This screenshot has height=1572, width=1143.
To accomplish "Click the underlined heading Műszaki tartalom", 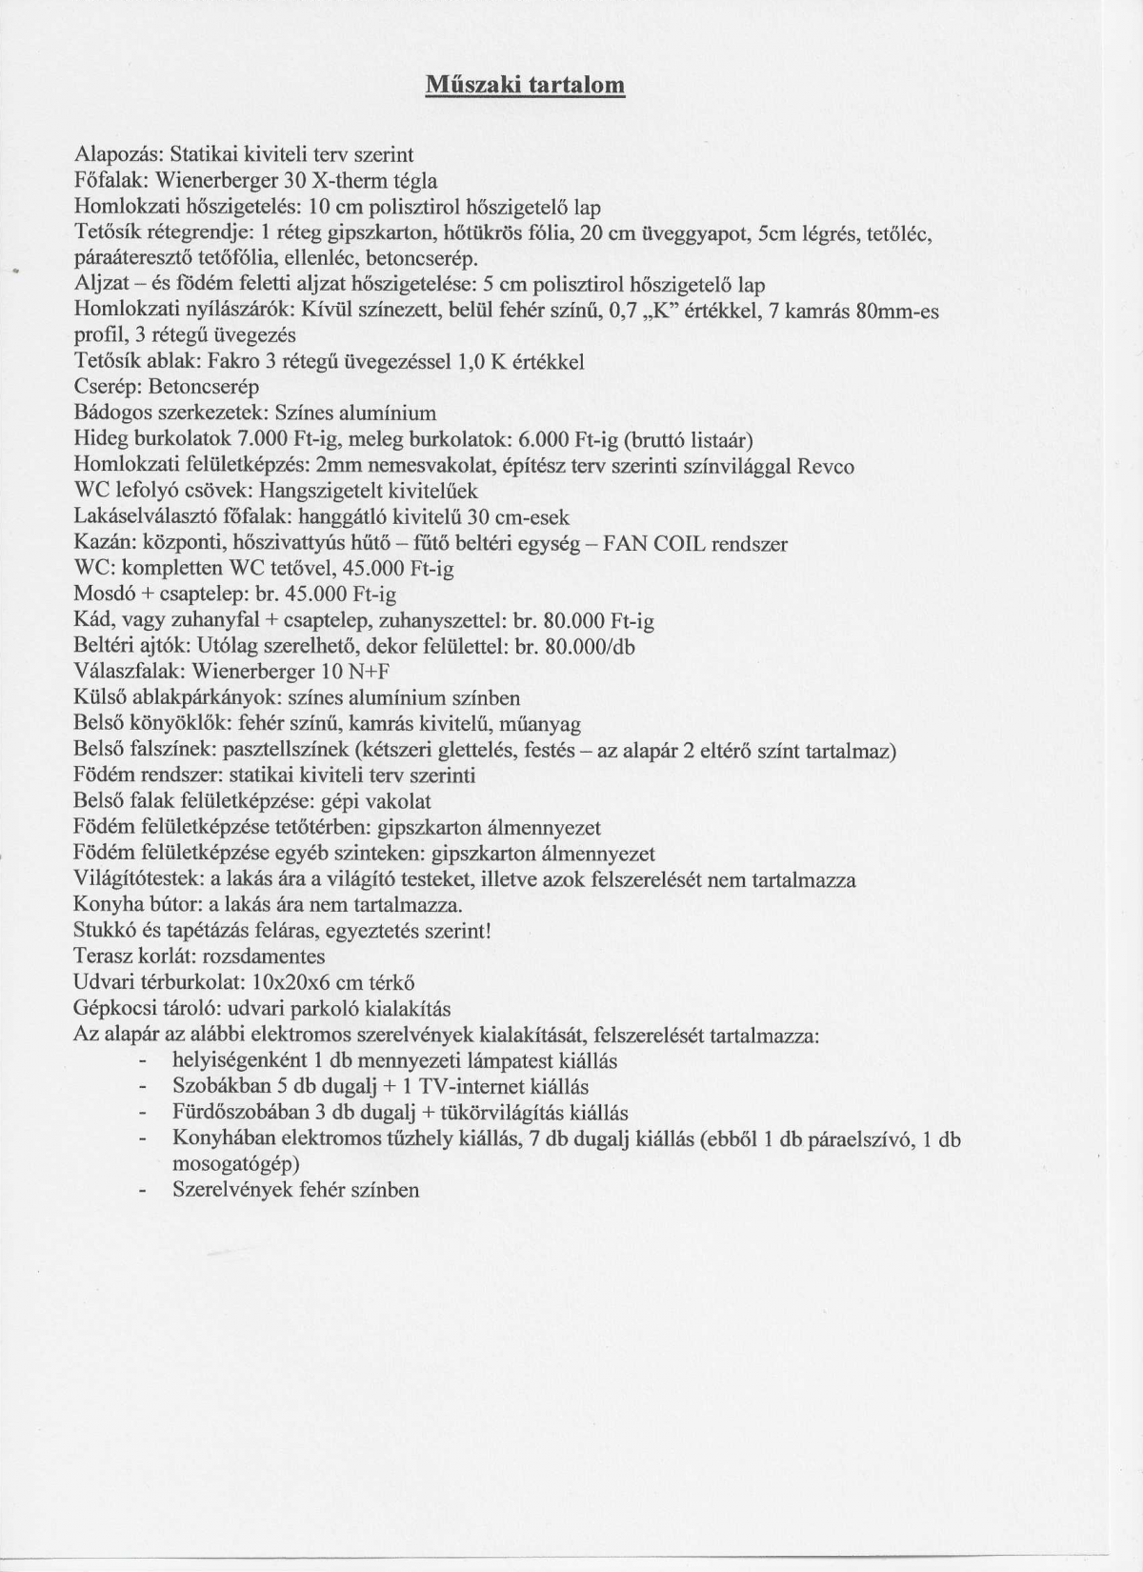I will coord(525,86).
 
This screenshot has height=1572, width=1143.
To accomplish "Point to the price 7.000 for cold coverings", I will coord(242,440).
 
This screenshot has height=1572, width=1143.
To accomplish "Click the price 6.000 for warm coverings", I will coord(538,440).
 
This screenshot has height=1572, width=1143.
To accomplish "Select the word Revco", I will coord(826,466).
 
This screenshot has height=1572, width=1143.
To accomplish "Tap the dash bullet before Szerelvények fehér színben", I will coord(143,1190).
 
